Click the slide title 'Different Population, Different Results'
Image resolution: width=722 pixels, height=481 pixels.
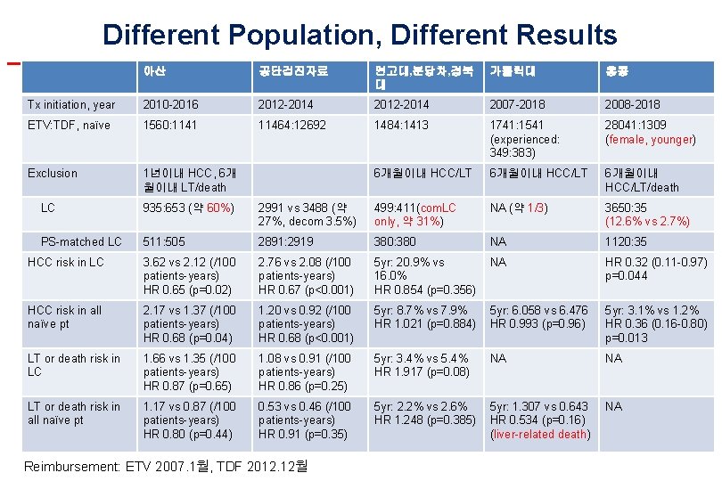pos(359,35)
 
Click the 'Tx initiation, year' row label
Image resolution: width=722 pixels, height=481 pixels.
pos(71,105)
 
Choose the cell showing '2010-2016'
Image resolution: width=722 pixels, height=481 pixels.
pos(171,105)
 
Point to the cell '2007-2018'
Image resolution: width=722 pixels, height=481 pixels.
pos(518,105)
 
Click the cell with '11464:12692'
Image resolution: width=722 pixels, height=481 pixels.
pos(292,126)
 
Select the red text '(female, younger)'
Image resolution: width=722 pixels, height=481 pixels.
pos(650,140)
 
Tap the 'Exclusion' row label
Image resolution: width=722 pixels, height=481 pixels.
pos(53,174)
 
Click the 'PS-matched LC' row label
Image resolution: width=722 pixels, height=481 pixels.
pos(81,242)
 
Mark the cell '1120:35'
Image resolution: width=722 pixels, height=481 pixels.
pos(627,242)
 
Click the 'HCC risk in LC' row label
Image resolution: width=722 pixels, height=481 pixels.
pos(66,263)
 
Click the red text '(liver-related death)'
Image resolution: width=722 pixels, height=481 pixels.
pos(539,435)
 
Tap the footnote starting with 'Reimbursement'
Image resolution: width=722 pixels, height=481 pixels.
pos(166,466)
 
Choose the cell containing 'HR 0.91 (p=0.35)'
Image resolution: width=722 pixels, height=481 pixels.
pos(303,435)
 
